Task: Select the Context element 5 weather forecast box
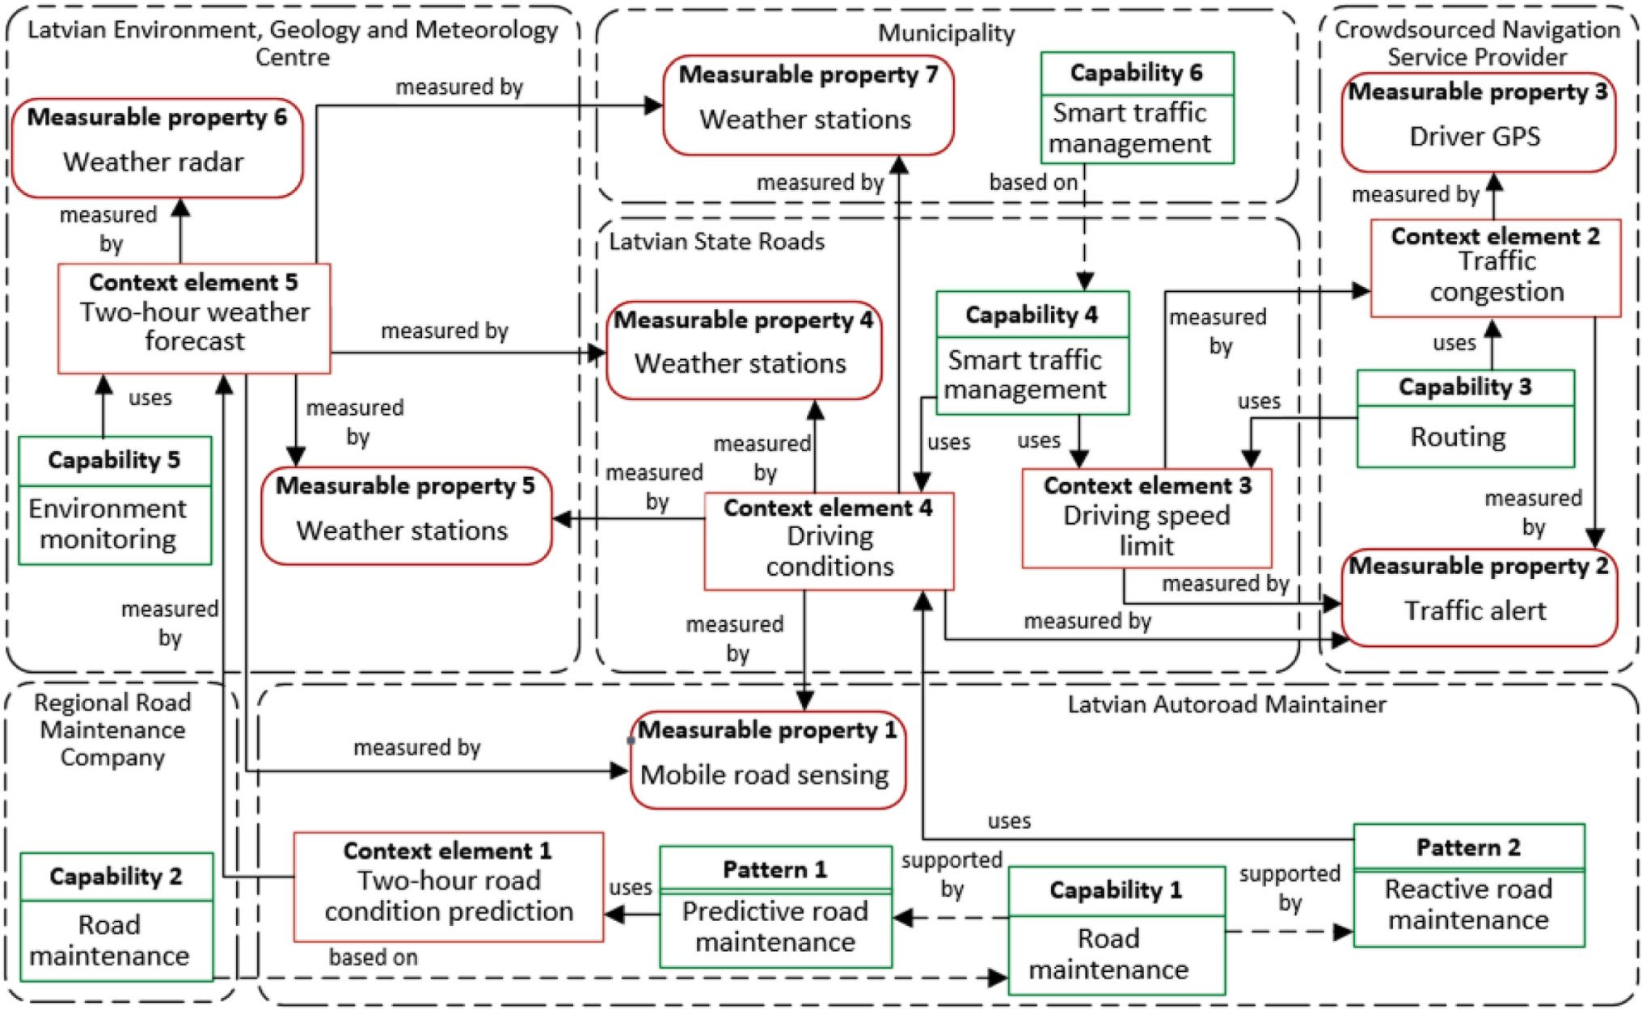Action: pos(194,318)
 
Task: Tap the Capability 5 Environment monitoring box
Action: pos(115,501)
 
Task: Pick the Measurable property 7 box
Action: pos(808,105)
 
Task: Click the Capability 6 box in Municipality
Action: pos(1137,108)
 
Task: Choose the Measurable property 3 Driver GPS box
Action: pos(1478,123)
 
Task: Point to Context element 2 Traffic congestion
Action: pos(1496,268)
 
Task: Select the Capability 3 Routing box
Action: pos(1465,418)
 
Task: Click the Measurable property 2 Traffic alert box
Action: pos(1478,598)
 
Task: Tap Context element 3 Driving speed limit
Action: pos(1146,518)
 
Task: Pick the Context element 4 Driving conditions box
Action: pos(829,541)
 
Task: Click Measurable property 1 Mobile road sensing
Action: pos(767,760)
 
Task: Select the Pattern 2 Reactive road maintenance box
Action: pos(1468,885)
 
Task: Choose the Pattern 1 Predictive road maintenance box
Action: pos(775,906)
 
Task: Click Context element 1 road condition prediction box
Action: pos(449,886)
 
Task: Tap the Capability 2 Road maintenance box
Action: pos(116,917)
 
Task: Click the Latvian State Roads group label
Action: pos(716,242)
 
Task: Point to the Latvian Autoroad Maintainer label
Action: pos(1226,704)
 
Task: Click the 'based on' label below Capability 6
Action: pos(1032,183)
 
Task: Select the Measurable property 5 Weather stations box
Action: pos(407,516)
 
